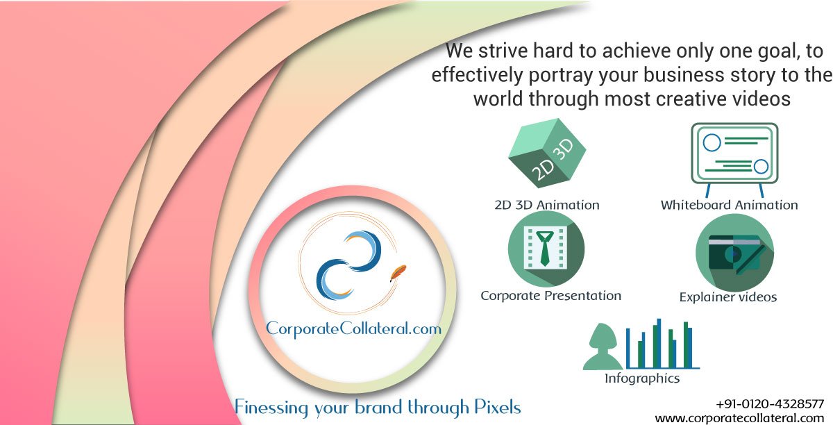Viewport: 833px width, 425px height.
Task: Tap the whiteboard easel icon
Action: coord(734,157)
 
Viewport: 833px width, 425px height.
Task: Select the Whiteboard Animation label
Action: coord(729,205)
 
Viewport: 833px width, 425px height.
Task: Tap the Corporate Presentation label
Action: coord(550,295)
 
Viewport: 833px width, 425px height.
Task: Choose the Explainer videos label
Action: coord(727,297)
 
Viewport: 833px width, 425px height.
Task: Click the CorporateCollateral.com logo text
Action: coord(353,328)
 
